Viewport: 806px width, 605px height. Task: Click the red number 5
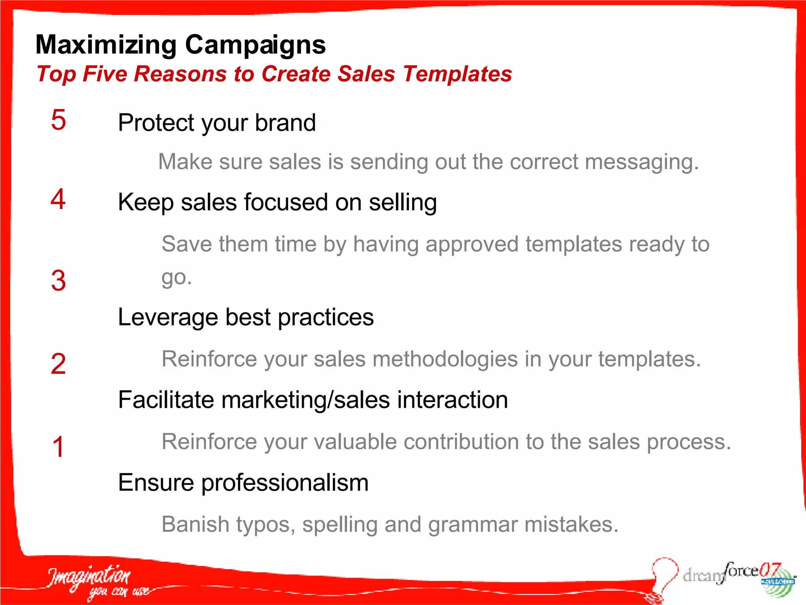(x=58, y=120)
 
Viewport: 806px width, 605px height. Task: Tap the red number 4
(x=58, y=199)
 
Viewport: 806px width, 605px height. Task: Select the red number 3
(x=58, y=281)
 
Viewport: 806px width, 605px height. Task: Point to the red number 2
(x=58, y=364)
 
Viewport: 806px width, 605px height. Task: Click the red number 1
(x=58, y=447)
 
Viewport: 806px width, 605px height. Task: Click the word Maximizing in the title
(x=106, y=45)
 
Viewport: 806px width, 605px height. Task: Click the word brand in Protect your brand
(x=285, y=122)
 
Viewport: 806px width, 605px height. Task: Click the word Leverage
(x=168, y=317)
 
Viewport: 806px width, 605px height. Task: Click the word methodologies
(x=445, y=359)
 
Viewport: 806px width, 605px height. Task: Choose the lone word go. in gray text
(x=176, y=278)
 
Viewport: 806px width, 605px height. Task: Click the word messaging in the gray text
(x=641, y=162)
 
